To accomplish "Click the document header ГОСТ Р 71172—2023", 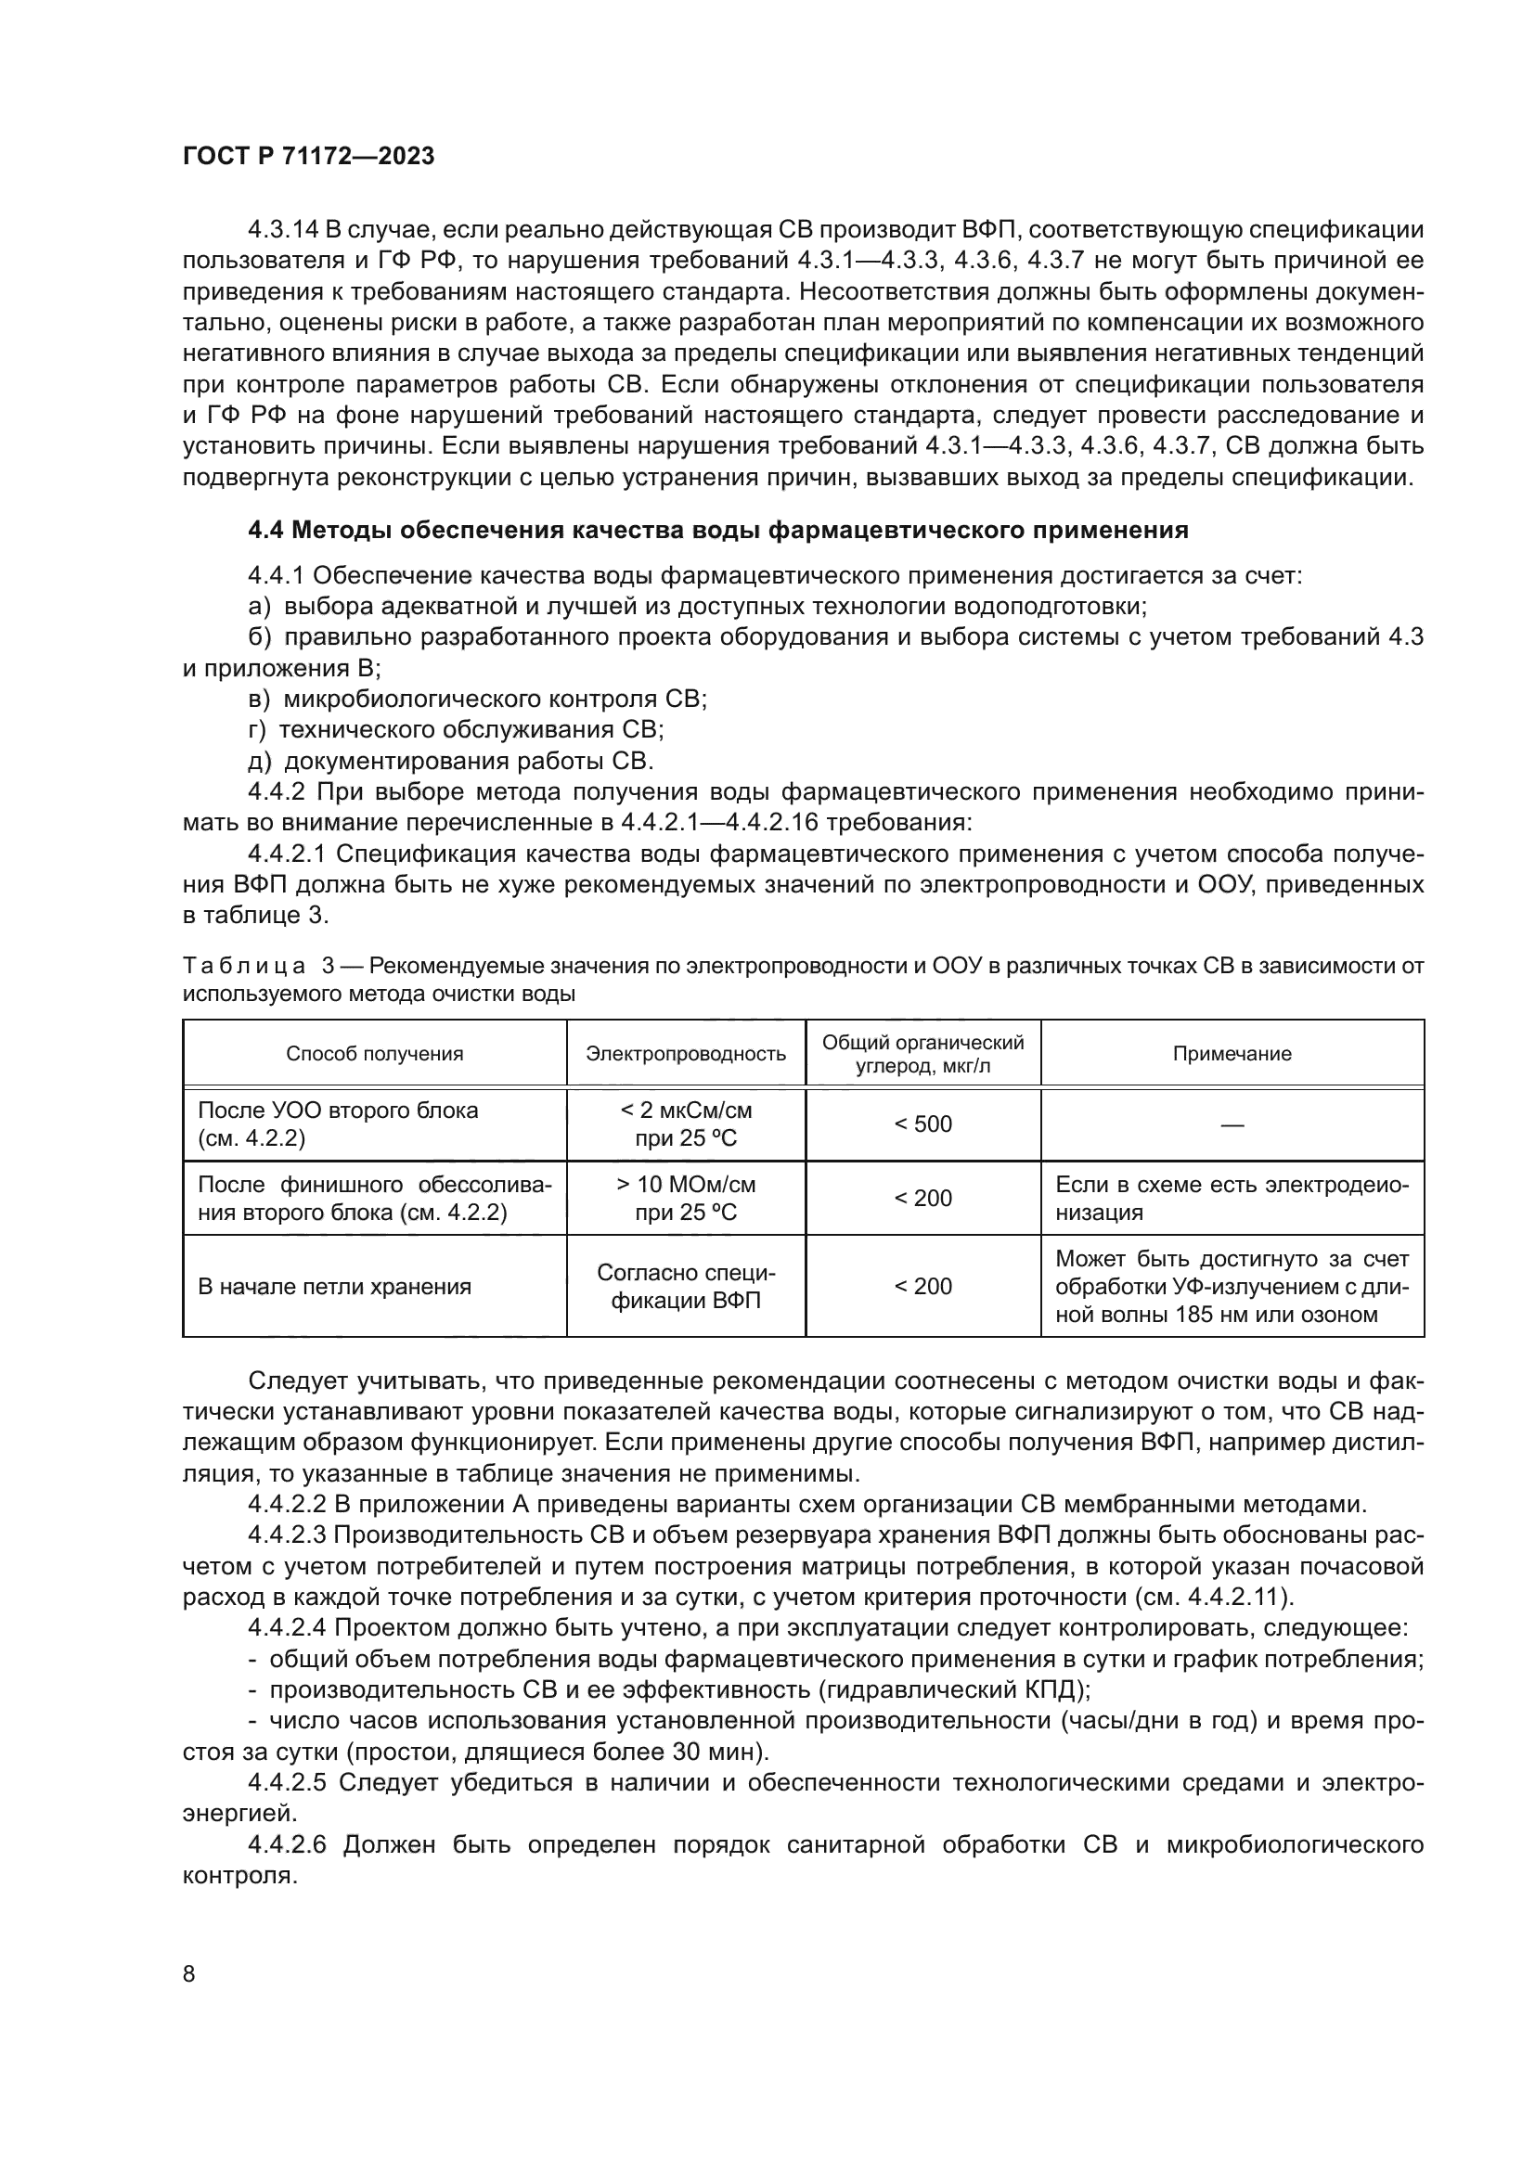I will [308, 156].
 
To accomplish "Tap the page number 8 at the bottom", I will [189, 1974].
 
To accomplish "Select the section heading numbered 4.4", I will [717, 531].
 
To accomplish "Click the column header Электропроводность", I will [685, 1054].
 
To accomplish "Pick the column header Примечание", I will [1232, 1054].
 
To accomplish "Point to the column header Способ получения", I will [374, 1054].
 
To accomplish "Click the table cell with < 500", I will [922, 1124].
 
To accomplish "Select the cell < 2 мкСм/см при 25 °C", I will [685, 1124].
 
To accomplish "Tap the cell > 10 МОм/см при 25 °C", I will [685, 1199].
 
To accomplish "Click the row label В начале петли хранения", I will [334, 1286].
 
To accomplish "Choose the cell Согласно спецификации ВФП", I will [685, 1286].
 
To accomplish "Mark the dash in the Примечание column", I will [1232, 1124].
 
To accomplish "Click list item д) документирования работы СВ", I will [450, 761].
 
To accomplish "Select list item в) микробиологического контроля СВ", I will [476, 700].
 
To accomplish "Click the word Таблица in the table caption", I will [244, 966].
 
